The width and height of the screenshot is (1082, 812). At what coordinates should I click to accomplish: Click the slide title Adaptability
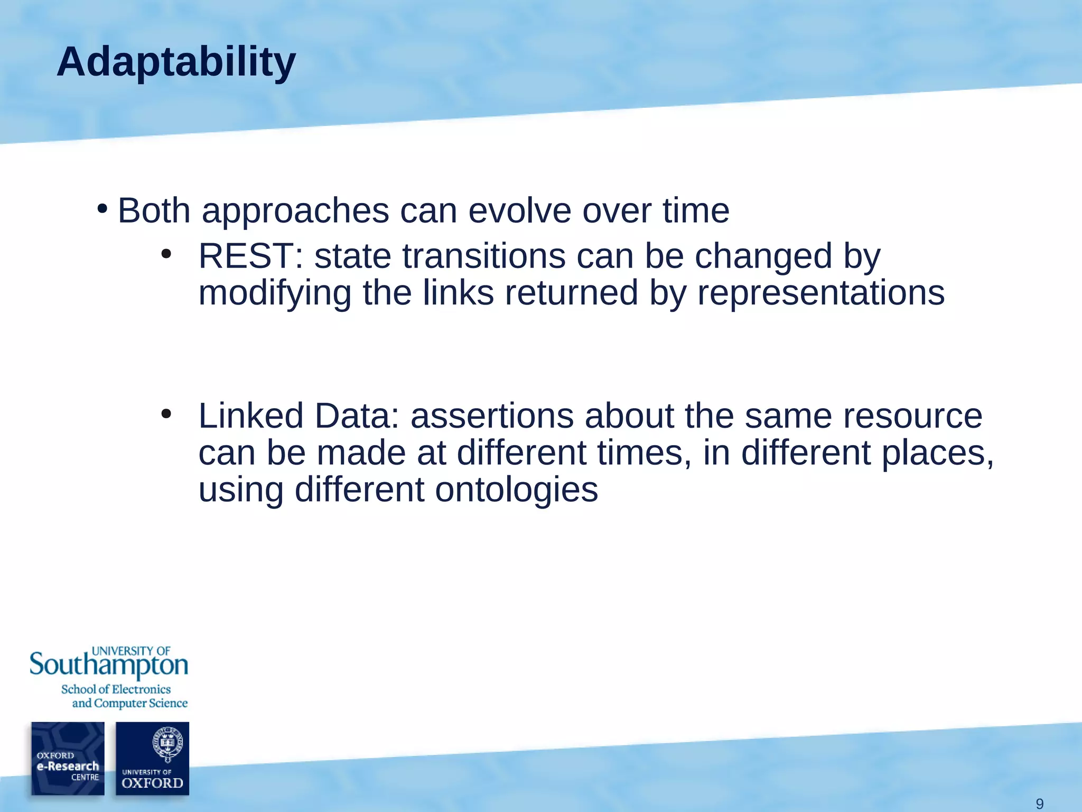click(x=176, y=62)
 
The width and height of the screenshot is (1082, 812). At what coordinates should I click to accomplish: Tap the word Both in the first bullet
click(x=154, y=210)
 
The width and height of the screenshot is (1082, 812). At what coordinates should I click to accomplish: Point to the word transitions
click(x=483, y=256)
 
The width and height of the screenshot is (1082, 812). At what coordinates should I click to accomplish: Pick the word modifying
click(x=275, y=293)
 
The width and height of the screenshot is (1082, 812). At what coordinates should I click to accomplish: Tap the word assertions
click(x=491, y=416)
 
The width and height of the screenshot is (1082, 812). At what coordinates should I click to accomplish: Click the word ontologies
click(x=516, y=490)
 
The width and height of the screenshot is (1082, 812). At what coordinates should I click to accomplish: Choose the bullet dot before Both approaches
click(x=102, y=209)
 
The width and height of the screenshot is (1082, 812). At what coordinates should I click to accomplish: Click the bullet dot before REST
click(x=166, y=254)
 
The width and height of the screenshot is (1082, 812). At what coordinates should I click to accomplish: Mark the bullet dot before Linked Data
click(x=166, y=414)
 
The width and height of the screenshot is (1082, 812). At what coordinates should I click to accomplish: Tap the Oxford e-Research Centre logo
click(x=68, y=759)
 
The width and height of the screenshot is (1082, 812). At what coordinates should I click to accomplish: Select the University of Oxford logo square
click(x=152, y=759)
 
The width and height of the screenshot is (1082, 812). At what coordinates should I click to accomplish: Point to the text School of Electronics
click(x=116, y=689)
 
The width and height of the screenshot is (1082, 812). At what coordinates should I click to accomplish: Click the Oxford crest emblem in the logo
click(x=167, y=743)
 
